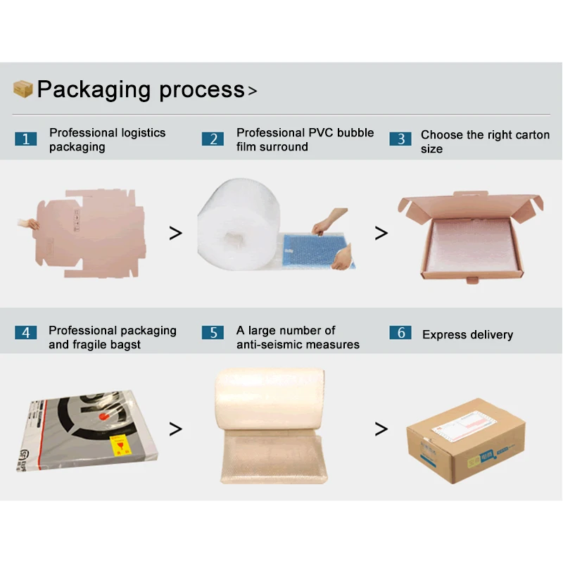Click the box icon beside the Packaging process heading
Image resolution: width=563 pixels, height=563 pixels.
pos(23,89)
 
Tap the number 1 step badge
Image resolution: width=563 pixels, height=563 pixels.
pos(25,139)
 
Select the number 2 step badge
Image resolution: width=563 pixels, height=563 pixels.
pos(213,139)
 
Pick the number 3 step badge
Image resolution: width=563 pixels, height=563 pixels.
pos(400,139)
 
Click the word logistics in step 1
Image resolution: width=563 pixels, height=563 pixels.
pos(142,133)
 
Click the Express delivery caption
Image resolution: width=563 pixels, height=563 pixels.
pos(467,335)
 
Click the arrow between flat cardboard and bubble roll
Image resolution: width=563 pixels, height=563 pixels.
pos(176,234)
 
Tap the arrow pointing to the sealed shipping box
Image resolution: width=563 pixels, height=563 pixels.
pos(381,429)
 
